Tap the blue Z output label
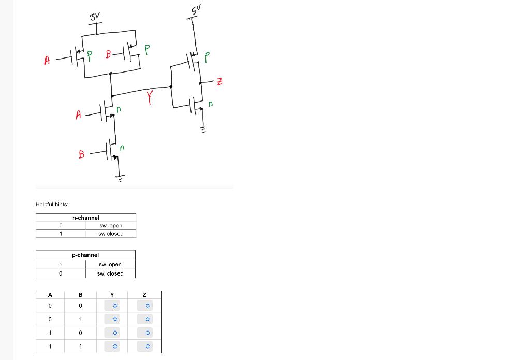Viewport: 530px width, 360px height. click(219, 81)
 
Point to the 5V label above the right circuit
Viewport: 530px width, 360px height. click(195, 9)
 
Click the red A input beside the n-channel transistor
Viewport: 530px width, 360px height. click(79, 114)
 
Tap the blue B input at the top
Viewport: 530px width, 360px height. click(108, 53)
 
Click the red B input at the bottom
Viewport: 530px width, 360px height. click(81, 154)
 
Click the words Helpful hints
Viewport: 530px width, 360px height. click(52, 204)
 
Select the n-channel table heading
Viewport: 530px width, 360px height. click(85, 218)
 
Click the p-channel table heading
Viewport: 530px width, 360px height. click(85, 255)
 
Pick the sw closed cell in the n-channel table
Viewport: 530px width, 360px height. click(111, 234)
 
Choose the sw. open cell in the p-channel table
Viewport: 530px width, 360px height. click(110, 264)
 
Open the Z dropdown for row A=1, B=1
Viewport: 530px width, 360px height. click(147, 346)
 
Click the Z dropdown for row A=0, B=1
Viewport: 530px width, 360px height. click(147, 319)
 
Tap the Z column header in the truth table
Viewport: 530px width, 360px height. click(144, 295)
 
